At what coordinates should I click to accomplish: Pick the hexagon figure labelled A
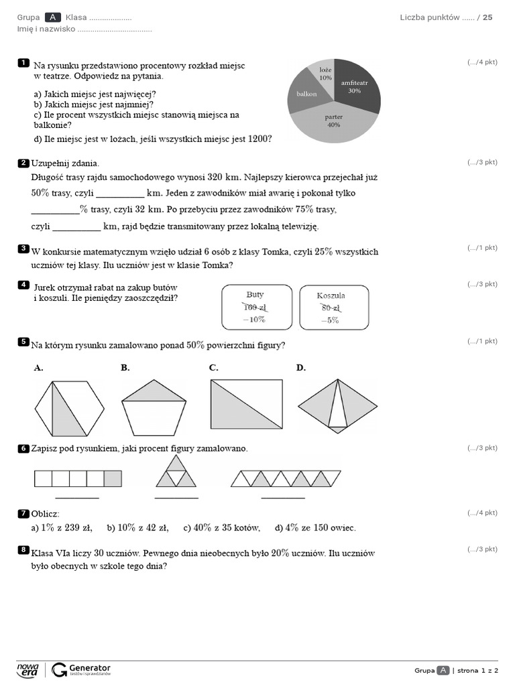click(x=70, y=408)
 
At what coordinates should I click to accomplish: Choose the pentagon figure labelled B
click(x=154, y=407)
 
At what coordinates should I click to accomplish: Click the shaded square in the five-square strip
click(x=113, y=478)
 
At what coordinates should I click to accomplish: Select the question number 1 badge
click(x=23, y=63)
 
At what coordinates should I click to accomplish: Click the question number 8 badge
click(x=23, y=550)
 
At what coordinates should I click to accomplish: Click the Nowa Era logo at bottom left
click(x=28, y=669)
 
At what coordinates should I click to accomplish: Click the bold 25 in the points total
click(x=488, y=17)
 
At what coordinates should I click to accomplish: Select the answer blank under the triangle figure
click(x=176, y=497)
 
